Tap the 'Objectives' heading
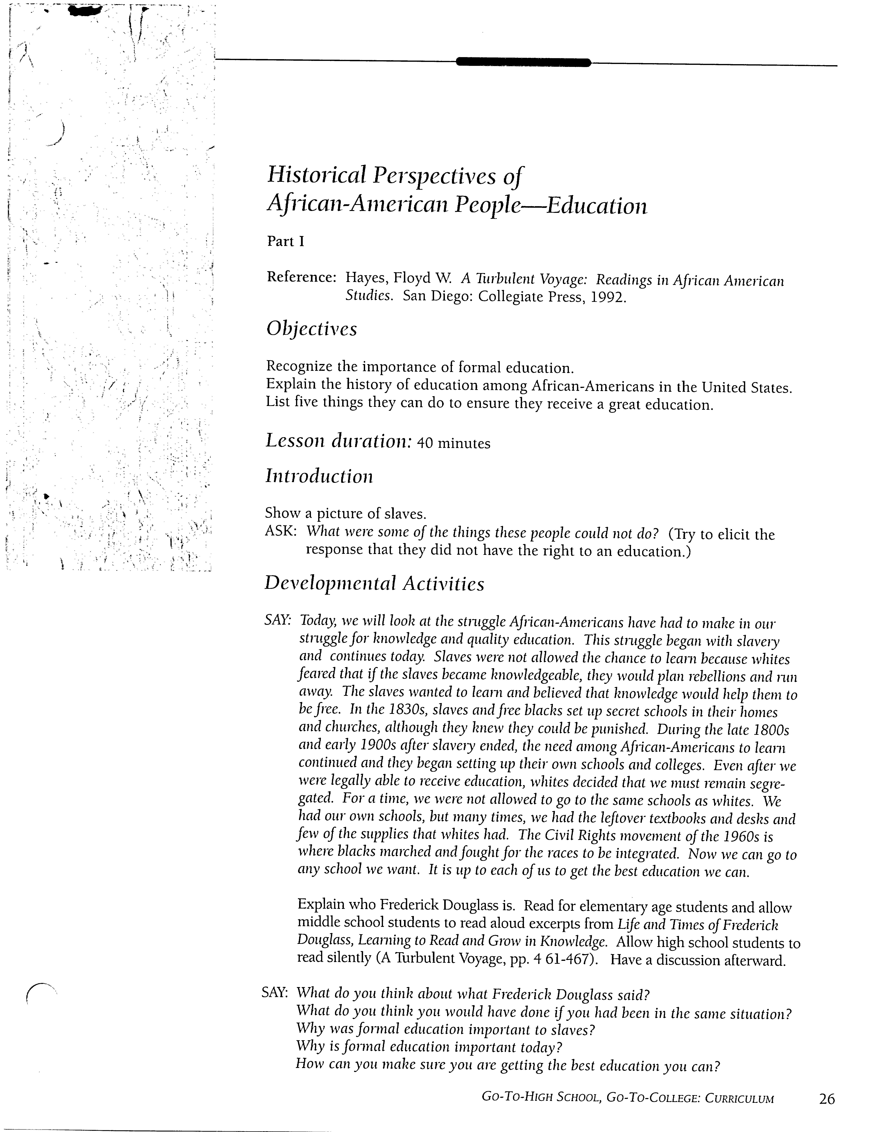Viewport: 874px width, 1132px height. point(312,329)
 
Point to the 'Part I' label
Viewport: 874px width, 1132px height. point(285,241)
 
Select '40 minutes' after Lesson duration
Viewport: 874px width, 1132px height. point(453,443)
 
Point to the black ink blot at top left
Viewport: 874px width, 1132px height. point(86,10)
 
